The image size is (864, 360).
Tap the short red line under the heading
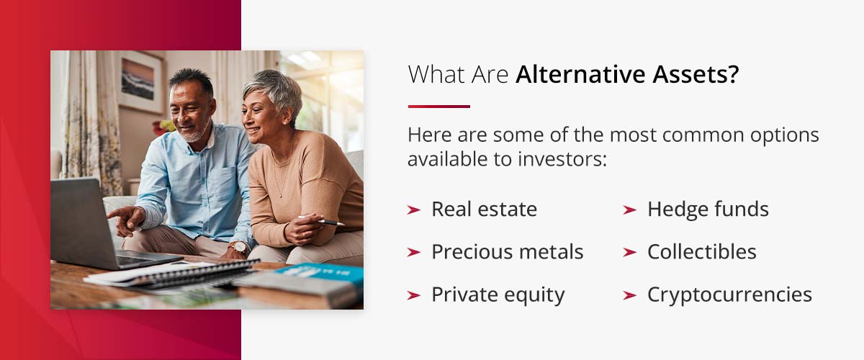(438, 107)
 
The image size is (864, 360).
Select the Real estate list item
(484, 210)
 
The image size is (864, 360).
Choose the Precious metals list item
(507, 252)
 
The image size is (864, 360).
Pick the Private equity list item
(498, 294)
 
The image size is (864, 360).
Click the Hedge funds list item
(708, 210)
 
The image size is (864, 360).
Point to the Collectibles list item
(701, 252)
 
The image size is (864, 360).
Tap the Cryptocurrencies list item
(729, 294)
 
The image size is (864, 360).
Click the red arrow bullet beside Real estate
(413, 210)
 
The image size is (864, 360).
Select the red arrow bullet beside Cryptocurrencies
(629, 295)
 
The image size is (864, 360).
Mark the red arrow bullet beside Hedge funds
(629, 210)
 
